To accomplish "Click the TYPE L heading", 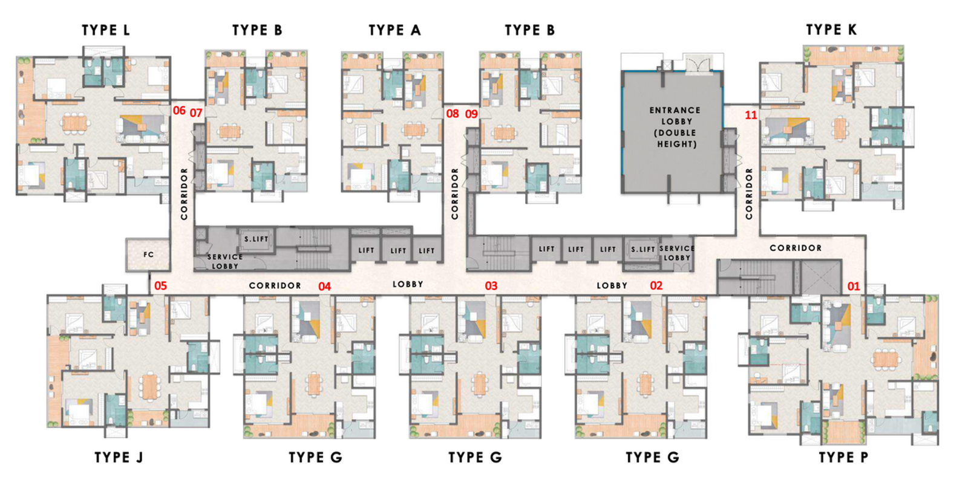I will pyautogui.click(x=106, y=30).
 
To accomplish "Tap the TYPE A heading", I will pyautogui.click(x=394, y=30).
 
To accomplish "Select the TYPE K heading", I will pyautogui.click(x=831, y=30).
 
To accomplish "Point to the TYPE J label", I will pyautogui.click(x=119, y=458).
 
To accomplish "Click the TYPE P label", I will pyautogui.click(x=843, y=458).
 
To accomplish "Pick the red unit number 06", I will pyautogui.click(x=179, y=111).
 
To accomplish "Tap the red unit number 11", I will pyautogui.click(x=751, y=115).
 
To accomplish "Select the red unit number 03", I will pyautogui.click(x=491, y=286).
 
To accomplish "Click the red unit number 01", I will pyautogui.click(x=853, y=287).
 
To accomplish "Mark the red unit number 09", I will pyautogui.click(x=471, y=114).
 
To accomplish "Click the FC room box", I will pyautogui.click(x=148, y=255).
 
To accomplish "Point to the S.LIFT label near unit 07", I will pyautogui.click(x=256, y=239).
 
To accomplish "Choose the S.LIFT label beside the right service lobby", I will pyautogui.click(x=643, y=249).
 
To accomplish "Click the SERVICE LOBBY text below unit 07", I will pyautogui.click(x=224, y=261).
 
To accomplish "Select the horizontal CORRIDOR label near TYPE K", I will pyautogui.click(x=795, y=248).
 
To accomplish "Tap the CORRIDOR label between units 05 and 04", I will pyautogui.click(x=275, y=285).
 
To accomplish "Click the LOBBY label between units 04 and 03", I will pyautogui.click(x=408, y=284).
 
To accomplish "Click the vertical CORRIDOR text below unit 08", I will pyautogui.click(x=455, y=193).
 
